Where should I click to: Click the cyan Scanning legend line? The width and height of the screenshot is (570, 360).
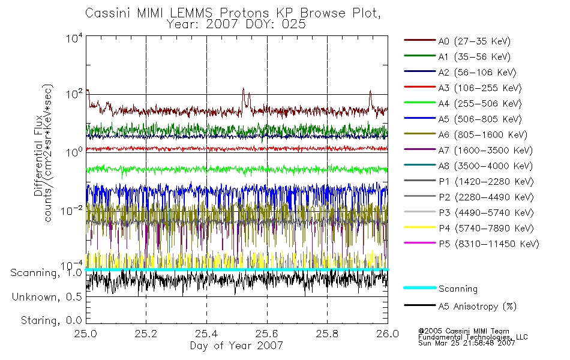(420, 287)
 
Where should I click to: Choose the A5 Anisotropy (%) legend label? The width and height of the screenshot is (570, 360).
(478, 307)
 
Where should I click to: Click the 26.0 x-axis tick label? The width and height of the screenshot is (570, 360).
(388, 334)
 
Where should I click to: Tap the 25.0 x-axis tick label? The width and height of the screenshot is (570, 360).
(86, 334)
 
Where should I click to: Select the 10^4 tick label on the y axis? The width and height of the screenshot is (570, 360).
(74, 38)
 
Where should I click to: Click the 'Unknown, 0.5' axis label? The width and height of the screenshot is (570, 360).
(47, 297)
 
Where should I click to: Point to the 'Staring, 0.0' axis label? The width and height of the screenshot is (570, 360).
(51, 320)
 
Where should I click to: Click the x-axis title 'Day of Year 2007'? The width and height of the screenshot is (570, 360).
(236, 346)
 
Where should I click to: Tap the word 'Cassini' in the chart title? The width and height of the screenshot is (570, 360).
(109, 13)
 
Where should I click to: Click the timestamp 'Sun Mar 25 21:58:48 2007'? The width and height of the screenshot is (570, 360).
(466, 343)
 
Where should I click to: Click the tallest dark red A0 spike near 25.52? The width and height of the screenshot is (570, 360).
(243, 88)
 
